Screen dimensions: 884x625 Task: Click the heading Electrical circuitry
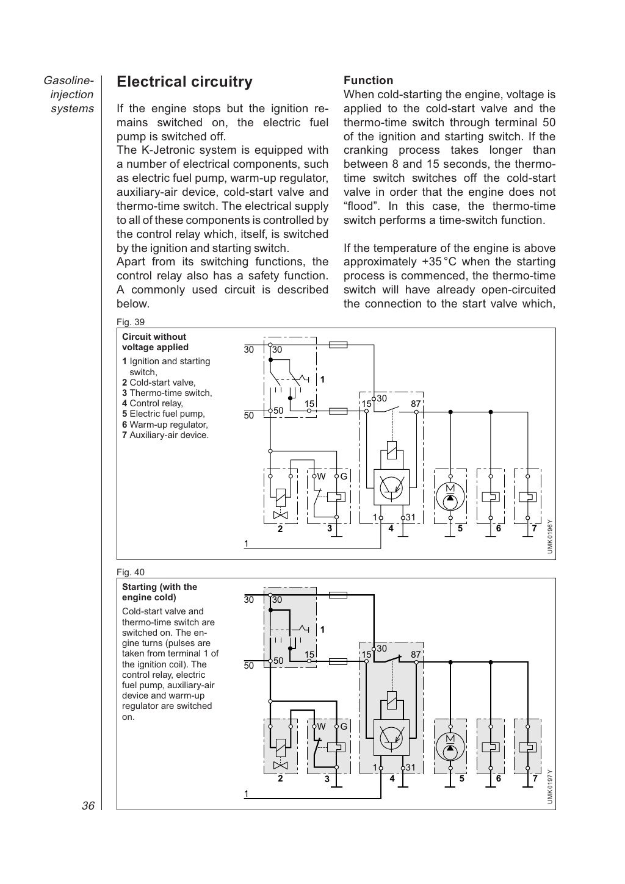[x=184, y=82]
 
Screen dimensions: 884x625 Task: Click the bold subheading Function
[x=368, y=81]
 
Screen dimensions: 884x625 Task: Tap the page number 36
[x=88, y=806]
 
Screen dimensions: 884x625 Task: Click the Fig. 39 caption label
[x=131, y=322]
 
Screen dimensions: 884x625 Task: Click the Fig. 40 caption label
[x=131, y=572]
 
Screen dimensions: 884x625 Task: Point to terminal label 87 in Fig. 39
[x=416, y=404]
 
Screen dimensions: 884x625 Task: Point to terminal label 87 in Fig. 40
[x=416, y=655]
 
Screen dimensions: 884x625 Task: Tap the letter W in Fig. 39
[x=321, y=476]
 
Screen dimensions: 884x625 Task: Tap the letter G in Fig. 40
[x=344, y=727]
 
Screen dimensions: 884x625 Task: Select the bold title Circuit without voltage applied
[x=155, y=342]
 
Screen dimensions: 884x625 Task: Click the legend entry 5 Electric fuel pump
[x=164, y=414]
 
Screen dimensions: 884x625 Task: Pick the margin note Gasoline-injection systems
[x=70, y=95]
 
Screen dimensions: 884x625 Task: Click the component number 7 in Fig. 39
[x=534, y=528]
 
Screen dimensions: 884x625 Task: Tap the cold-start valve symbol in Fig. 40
[x=281, y=753]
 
